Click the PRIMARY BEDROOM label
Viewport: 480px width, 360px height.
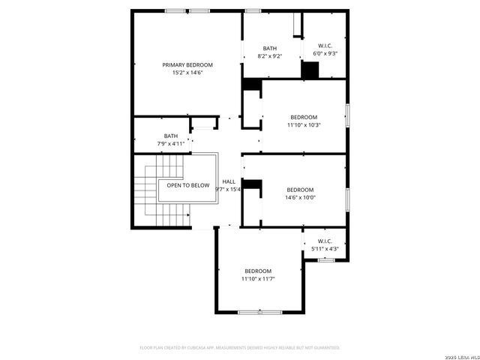pyautogui.click(x=187, y=65)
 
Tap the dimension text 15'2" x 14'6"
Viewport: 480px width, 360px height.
pyautogui.click(x=187, y=73)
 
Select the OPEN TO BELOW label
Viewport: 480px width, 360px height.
pyautogui.click(x=187, y=185)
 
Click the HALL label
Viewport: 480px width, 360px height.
pyautogui.click(x=229, y=181)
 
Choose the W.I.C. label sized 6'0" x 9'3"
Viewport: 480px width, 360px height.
pyautogui.click(x=325, y=45)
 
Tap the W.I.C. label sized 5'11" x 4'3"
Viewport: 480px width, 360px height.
pyautogui.click(x=325, y=241)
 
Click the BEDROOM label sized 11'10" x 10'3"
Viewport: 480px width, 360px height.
pyautogui.click(x=304, y=117)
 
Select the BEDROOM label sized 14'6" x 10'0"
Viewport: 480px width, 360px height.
pyautogui.click(x=300, y=190)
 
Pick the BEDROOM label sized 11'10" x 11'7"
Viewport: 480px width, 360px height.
pyautogui.click(x=258, y=271)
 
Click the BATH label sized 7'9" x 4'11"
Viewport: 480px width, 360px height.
pyautogui.click(x=171, y=136)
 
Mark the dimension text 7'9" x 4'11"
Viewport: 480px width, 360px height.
pyautogui.click(x=171, y=143)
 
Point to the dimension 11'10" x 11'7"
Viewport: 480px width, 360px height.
pyautogui.click(x=258, y=279)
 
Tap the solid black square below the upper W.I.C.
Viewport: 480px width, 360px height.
pyautogui.click(x=310, y=69)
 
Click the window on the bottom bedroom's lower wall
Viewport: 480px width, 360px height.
pyautogui.click(x=259, y=311)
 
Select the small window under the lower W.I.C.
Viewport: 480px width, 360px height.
pyautogui.click(x=325, y=259)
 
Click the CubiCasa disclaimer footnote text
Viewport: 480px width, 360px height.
pyautogui.click(x=240, y=347)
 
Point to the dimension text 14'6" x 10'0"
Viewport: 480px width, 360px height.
pyautogui.click(x=300, y=198)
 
